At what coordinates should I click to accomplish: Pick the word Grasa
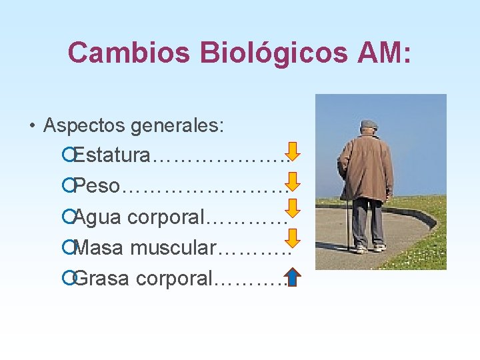pyautogui.click(x=103, y=278)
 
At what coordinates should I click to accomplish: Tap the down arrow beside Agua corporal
pyautogui.click(x=293, y=211)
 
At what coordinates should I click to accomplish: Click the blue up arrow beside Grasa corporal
pyautogui.click(x=292, y=276)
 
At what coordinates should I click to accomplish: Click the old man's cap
pyautogui.click(x=369, y=124)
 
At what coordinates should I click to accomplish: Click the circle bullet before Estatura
pyautogui.click(x=66, y=156)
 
